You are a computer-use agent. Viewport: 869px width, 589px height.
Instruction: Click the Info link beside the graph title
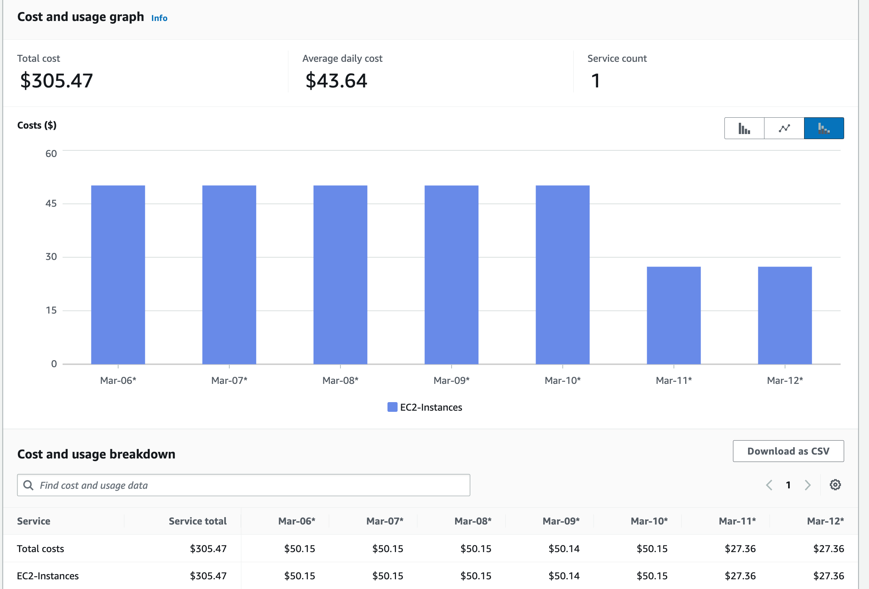pyautogui.click(x=159, y=18)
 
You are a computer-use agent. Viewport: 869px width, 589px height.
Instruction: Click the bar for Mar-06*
pyautogui.click(x=118, y=274)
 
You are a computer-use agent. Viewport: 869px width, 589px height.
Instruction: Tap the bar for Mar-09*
pyautogui.click(x=451, y=274)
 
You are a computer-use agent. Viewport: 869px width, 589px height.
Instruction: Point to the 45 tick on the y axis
pyautogui.click(x=51, y=203)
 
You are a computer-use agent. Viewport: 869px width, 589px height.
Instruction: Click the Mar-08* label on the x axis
pyautogui.click(x=340, y=380)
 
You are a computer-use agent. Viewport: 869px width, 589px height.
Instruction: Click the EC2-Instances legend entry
pyautogui.click(x=425, y=407)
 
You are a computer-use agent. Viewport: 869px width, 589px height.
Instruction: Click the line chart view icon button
pyautogui.click(x=784, y=128)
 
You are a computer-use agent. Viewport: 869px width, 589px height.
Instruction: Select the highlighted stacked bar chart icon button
pyautogui.click(x=824, y=128)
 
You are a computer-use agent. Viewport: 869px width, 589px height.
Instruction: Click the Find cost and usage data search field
pyautogui.click(x=243, y=485)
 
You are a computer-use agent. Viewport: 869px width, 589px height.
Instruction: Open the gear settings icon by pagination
pyautogui.click(x=835, y=485)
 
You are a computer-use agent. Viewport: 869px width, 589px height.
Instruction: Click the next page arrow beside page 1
pyautogui.click(x=808, y=485)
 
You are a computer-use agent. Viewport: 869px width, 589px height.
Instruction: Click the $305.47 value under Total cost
pyautogui.click(x=56, y=81)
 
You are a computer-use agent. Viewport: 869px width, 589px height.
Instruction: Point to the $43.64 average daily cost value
pyautogui.click(x=336, y=81)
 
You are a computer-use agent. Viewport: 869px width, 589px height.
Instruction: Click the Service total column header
pyautogui.click(x=197, y=521)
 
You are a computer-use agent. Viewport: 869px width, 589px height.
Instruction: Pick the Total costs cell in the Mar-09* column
pyautogui.click(x=564, y=549)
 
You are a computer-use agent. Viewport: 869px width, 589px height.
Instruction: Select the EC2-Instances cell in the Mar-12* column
pyautogui.click(x=828, y=576)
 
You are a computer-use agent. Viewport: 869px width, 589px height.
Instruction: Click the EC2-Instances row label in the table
pyautogui.click(x=48, y=576)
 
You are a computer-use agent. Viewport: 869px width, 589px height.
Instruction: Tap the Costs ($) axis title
pyautogui.click(x=37, y=125)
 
